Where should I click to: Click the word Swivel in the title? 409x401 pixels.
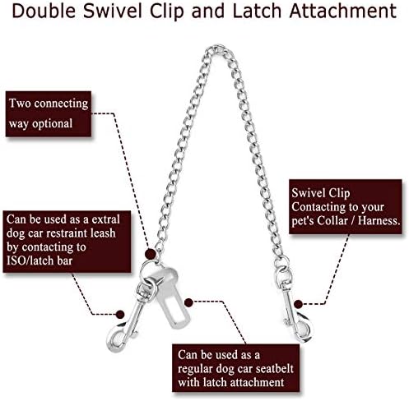113,11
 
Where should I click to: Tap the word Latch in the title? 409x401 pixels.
258,11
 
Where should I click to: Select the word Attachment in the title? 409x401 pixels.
343,11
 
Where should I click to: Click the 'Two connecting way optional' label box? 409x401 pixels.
49,113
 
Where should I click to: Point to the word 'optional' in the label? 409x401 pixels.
53,124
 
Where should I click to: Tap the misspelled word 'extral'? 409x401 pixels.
106,219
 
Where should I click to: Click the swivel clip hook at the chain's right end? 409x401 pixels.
295,304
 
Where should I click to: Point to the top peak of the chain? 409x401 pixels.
218,47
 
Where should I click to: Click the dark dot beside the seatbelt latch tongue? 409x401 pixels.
188,302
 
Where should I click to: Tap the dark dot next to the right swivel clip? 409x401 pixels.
299,304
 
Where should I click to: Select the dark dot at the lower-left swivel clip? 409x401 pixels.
120,314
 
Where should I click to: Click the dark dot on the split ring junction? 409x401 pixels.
151,254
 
